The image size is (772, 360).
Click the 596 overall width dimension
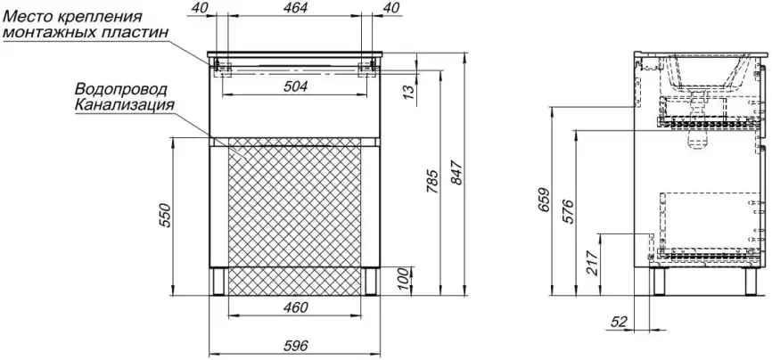coord(295,346)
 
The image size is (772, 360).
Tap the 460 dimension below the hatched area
coord(295,307)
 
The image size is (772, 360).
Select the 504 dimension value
coord(295,86)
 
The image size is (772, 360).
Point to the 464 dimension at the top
coord(295,7)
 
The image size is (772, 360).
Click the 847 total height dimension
coord(456,173)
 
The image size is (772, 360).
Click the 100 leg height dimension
coord(404,279)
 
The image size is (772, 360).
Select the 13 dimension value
coord(408,92)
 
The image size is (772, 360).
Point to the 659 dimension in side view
coord(543,200)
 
